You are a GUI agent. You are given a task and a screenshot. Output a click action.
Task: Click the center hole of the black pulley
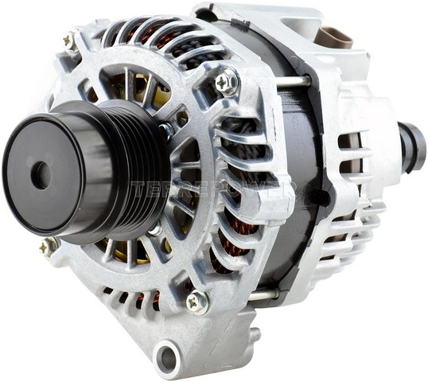click(x=41, y=174)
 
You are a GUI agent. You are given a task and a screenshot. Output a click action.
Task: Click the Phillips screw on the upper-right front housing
click(x=226, y=81)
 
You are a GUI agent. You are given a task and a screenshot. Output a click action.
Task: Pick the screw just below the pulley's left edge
click(x=49, y=246)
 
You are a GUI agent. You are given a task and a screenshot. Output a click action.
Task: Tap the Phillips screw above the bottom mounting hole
click(x=195, y=300)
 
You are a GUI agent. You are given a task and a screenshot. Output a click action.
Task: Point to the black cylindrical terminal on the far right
click(x=412, y=147)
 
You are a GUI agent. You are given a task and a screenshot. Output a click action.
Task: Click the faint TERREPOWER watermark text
click(x=215, y=189)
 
